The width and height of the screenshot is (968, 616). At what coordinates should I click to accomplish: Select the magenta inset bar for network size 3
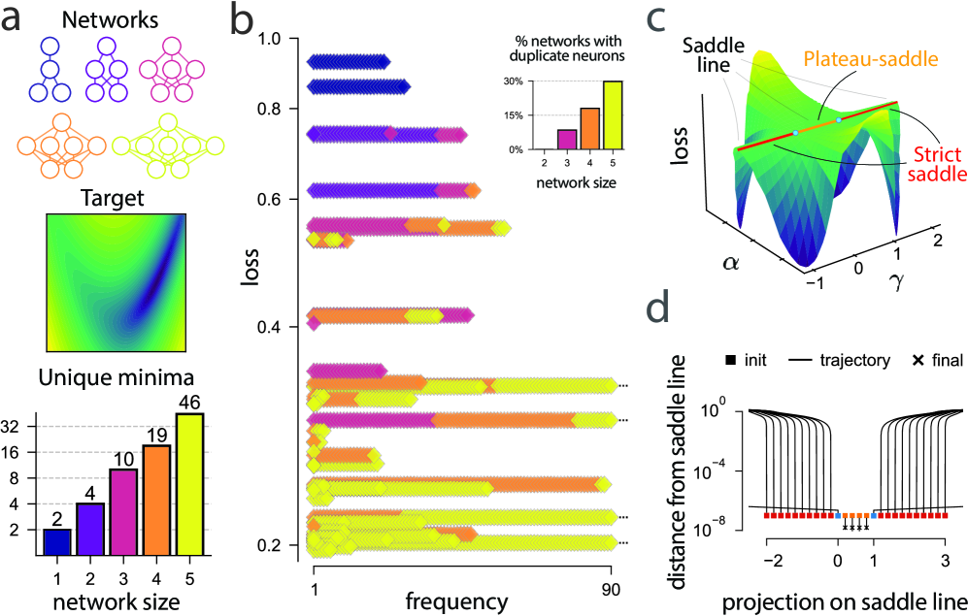click(540, 139)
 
